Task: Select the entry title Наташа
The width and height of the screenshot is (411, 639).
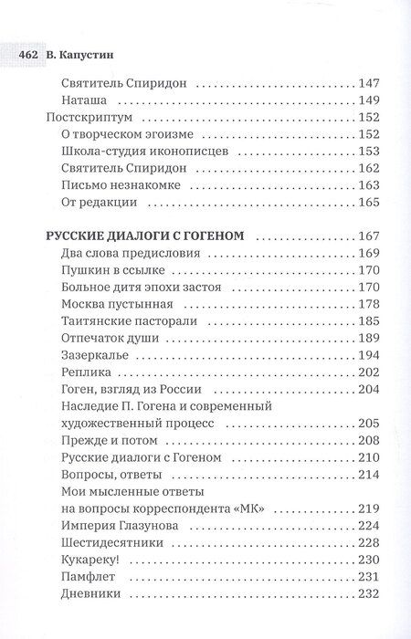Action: pos(86,100)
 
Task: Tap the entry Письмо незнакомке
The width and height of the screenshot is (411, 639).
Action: pos(119,184)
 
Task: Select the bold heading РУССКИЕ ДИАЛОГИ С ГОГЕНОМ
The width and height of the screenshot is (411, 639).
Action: pos(144,236)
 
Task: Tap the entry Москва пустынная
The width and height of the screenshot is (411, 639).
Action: pos(119,304)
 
